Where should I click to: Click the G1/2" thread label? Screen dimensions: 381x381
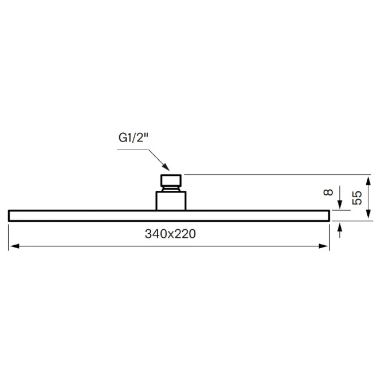133,138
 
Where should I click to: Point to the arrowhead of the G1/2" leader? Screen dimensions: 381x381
166,167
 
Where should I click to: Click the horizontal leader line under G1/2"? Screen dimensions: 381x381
133,150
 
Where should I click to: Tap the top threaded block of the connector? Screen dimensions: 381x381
171,180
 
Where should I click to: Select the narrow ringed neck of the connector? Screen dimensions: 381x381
171,189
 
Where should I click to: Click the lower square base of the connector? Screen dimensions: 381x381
171,201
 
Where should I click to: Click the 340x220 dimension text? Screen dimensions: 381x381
170,234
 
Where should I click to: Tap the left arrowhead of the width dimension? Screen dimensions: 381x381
14,246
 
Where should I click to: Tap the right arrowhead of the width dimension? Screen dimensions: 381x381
323,246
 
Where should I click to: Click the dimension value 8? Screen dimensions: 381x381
328,192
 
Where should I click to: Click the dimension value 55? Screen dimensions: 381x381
357,198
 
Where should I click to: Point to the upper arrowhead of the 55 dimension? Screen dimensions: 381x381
368,182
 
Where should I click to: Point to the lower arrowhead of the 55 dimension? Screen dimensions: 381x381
368,214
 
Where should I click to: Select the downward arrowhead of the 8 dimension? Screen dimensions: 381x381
340,205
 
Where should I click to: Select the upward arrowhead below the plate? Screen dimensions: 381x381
340,227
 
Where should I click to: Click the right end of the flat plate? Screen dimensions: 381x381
329,216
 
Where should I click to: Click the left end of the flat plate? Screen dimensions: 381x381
9,216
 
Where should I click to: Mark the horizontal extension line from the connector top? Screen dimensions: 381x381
277,175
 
